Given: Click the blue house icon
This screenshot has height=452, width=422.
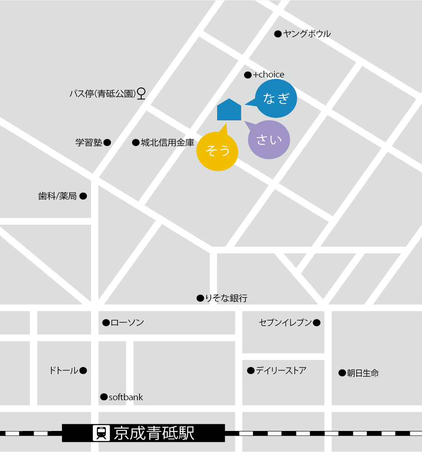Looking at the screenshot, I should [x=229, y=110].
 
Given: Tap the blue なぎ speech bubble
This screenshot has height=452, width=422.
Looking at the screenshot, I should [x=277, y=98].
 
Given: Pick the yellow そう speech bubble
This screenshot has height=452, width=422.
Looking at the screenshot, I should [x=217, y=151].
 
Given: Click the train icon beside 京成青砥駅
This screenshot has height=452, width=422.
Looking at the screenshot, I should [x=101, y=433].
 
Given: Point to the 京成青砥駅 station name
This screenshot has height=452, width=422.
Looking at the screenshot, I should [x=154, y=433].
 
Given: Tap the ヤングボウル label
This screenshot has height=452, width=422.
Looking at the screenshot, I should [x=307, y=34].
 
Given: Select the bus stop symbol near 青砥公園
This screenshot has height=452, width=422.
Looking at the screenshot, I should [x=142, y=93].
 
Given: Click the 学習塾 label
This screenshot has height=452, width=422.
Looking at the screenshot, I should [x=89, y=143].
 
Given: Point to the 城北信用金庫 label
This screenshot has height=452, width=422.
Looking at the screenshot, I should [x=167, y=143].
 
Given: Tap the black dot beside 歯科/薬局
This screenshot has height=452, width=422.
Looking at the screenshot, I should [x=83, y=196].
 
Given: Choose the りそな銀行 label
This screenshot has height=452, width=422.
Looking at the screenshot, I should [x=226, y=298].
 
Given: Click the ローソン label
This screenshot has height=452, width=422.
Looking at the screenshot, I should [x=127, y=323].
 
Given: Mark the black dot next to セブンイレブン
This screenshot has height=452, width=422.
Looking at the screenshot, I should [x=317, y=323].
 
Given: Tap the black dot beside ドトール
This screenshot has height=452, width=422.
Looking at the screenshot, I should [x=83, y=371].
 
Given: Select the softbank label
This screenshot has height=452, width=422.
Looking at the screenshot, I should [x=126, y=397].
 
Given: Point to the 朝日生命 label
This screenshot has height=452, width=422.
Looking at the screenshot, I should [x=363, y=373].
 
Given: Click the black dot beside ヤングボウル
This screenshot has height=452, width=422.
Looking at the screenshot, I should [x=278, y=34].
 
